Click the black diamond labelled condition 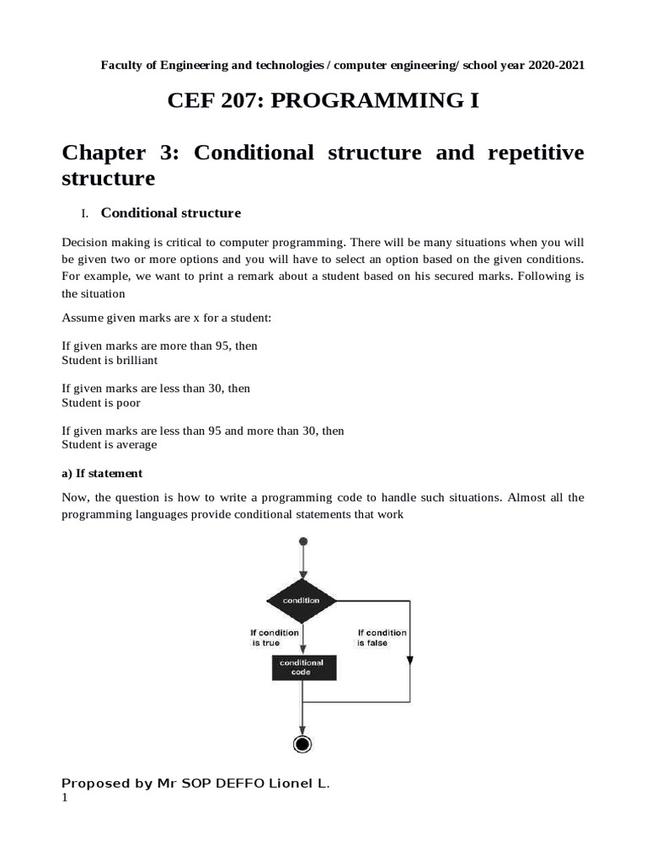click(x=302, y=600)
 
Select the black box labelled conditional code click(x=301, y=667)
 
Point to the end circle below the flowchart click(x=302, y=743)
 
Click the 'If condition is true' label click(x=275, y=637)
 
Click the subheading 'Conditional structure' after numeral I click(x=171, y=212)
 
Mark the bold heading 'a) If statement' click(x=102, y=473)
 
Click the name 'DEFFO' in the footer click(x=239, y=784)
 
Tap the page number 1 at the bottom click(x=65, y=798)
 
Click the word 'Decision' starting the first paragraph click(x=86, y=242)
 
